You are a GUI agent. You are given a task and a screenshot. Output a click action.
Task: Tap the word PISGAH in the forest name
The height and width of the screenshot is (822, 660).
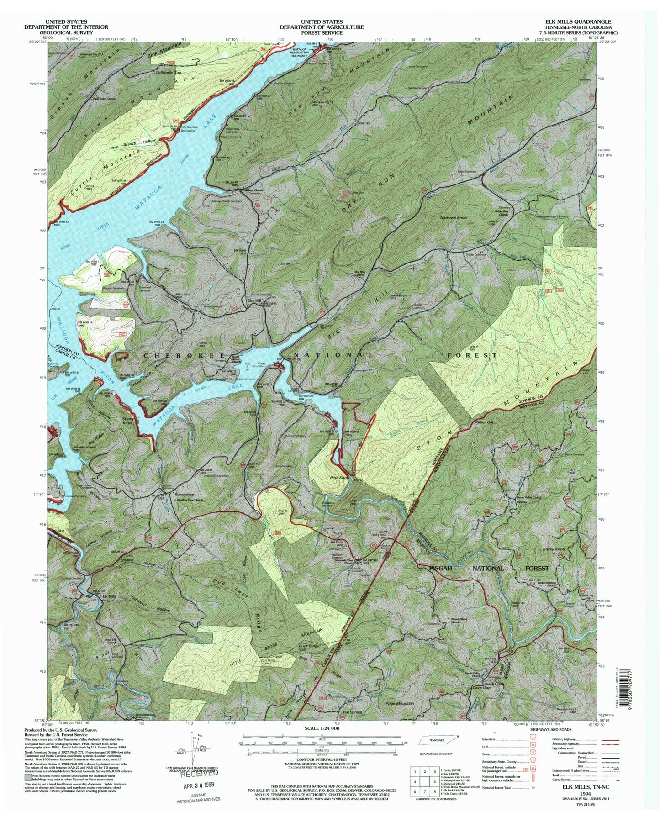[x=442, y=568]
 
